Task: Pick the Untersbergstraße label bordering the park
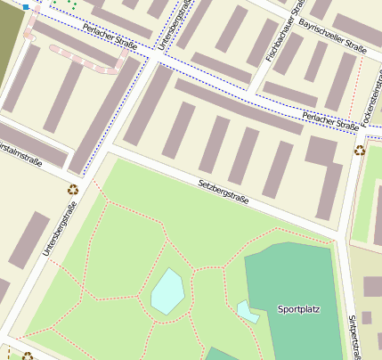coord(60,230)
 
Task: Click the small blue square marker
coord(26,6)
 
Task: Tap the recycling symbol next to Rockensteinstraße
coord(360,150)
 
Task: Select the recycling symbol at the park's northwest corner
coord(73,188)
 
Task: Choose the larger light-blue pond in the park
coord(167,291)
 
